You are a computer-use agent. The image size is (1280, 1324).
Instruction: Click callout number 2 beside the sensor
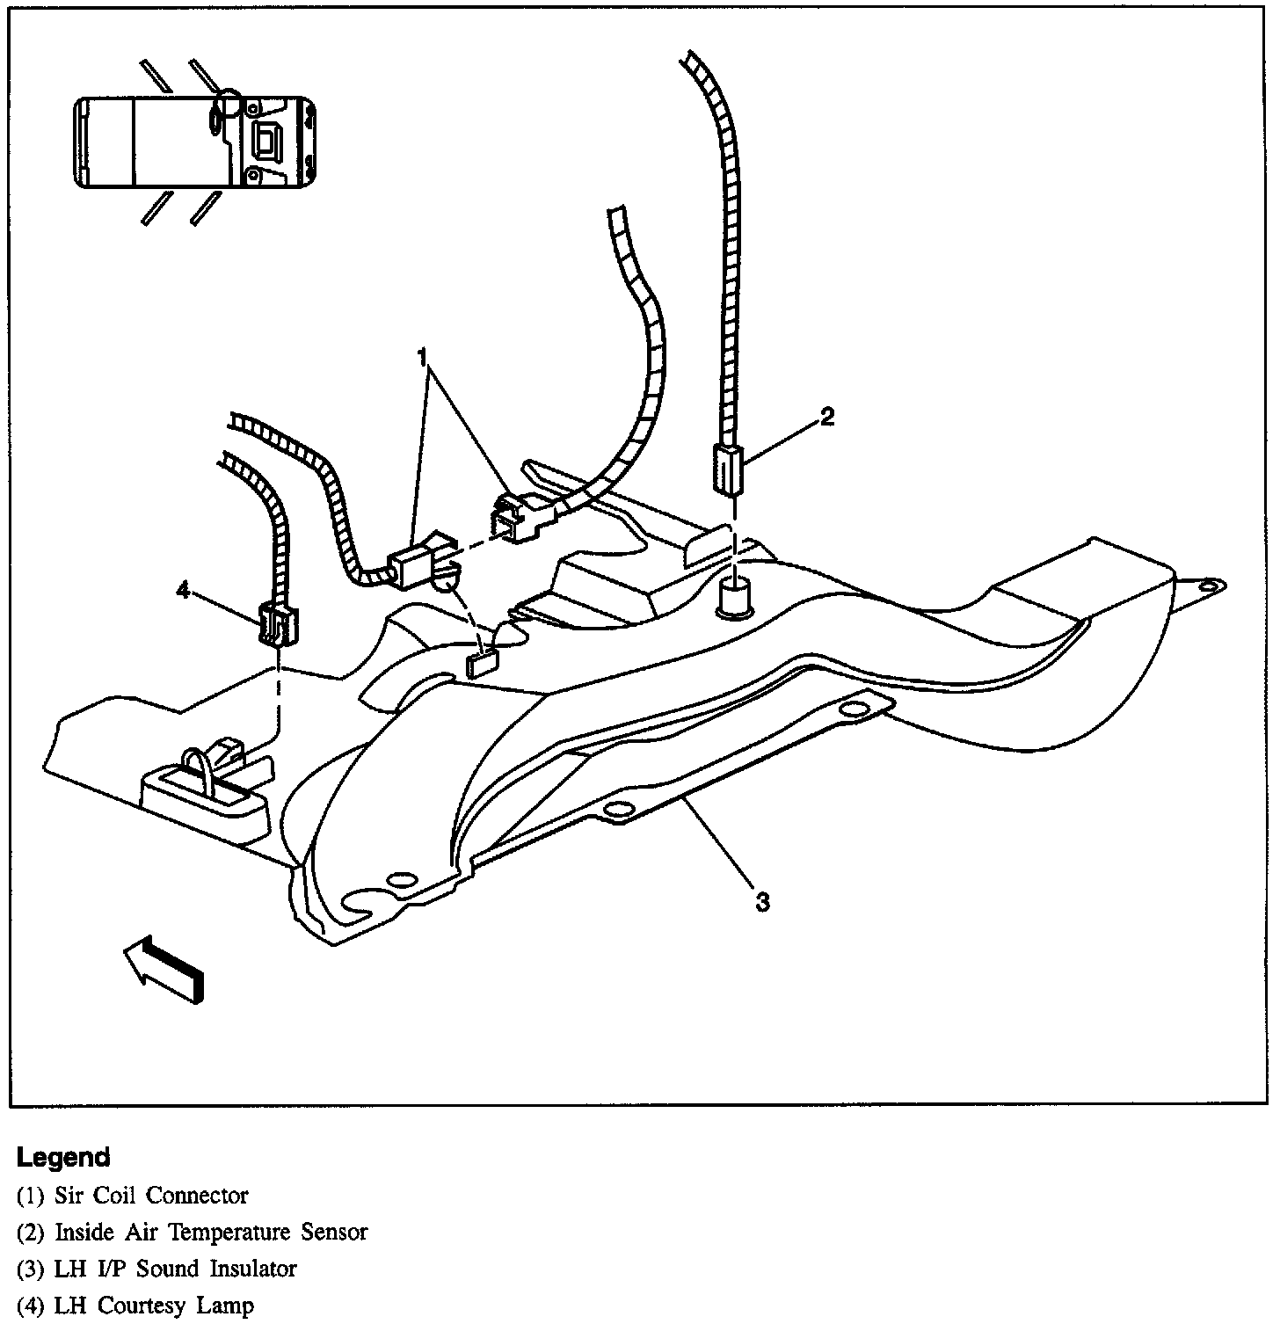(x=826, y=418)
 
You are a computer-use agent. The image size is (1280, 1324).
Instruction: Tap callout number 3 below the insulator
(x=763, y=901)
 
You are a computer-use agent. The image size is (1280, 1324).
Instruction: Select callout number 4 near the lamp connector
(x=183, y=591)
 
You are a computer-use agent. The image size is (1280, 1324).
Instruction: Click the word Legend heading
(x=63, y=1157)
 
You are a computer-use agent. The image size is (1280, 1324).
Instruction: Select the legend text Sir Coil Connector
(x=151, y=1196)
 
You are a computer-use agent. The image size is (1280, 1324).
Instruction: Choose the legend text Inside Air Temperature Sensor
(x=211, y=1233)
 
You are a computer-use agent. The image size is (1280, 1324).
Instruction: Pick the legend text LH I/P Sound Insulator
(x=176, y=1269)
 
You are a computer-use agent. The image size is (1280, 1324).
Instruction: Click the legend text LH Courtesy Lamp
(x=154, y=1306)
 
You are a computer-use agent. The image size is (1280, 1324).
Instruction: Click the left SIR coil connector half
(x=417, y=563)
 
